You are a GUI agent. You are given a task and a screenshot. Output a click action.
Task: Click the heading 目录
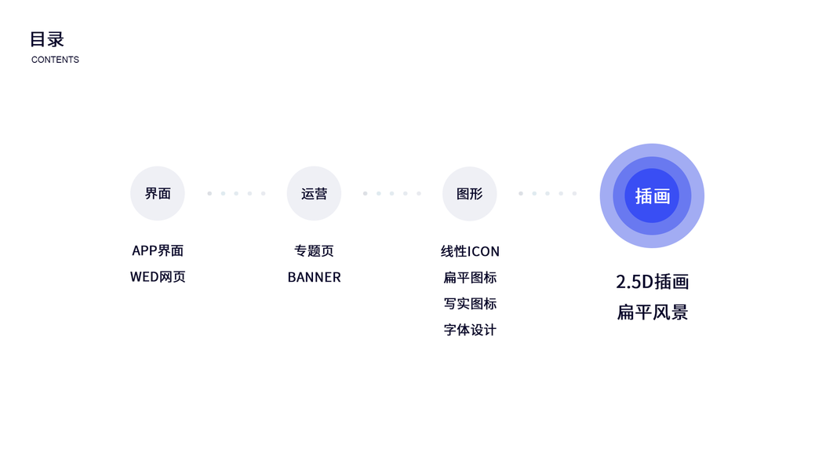click(x=47, y=39)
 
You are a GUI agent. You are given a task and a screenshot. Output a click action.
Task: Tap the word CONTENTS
click(x=55, y=60)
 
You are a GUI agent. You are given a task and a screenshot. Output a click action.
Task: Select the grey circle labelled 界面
click(x=158, y=193)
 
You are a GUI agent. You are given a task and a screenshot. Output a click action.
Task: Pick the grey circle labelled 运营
click(x=314, y=193)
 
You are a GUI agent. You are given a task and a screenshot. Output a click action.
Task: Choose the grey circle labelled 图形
click(x=469, y=193)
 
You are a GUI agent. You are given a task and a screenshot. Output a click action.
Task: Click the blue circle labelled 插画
click(x=652, y=195)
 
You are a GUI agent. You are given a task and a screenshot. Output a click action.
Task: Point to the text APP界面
click(x=158, y=250)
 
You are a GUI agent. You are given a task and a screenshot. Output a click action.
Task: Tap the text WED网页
click(x=158, y=277)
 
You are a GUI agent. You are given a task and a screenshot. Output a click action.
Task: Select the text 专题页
click(x=314, y=250)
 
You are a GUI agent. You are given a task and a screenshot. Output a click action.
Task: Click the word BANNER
click(x=314, y=277)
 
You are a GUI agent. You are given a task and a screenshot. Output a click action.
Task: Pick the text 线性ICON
click(x=470, y=251)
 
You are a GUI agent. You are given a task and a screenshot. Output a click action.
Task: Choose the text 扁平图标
click(x=470, y=277)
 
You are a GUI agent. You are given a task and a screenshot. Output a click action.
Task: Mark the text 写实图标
click(x=470, y=304)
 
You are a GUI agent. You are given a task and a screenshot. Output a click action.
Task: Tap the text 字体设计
click(x=470, y=330)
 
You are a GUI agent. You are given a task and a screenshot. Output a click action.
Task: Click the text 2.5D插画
click(x=652, y=282)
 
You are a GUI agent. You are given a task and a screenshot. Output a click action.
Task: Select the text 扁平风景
click(x=652, y=312)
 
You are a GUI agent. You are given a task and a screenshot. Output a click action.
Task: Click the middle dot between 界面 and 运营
click(x=236, y=193)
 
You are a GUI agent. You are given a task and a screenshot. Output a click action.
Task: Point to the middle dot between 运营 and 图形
click(x=391, y=193)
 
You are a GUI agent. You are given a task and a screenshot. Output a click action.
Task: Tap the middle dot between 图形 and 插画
click(x=547, y=193)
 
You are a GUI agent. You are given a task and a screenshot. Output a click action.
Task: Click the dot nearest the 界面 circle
click(x=209, y=193)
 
